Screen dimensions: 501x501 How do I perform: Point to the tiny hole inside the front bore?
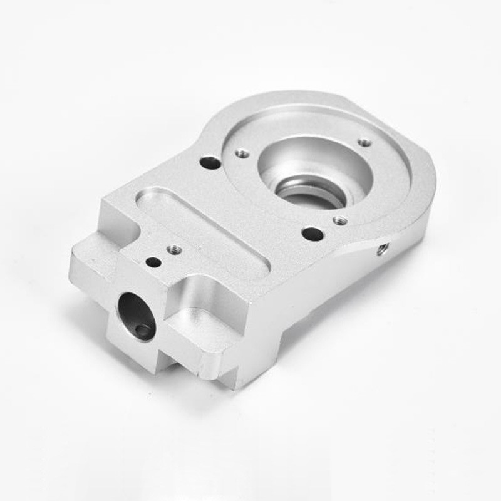tap(145, 330)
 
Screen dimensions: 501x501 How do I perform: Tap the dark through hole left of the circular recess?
tap(210, 163)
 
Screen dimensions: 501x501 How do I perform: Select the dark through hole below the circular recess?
tap(312, 235)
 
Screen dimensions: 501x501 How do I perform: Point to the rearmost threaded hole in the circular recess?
tap(364, 143)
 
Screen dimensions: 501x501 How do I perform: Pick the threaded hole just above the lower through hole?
tap(339, 220)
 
